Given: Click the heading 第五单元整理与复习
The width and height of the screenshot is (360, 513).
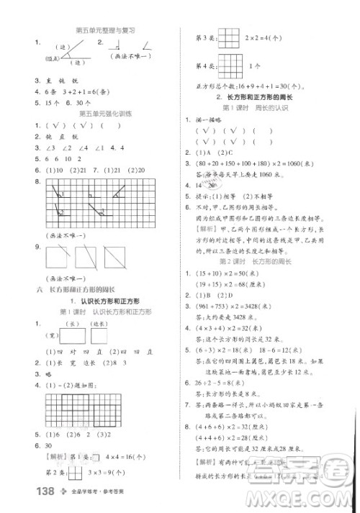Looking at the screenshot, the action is [x=107, y=30].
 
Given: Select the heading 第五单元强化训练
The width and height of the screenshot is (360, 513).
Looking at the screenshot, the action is [x=107, y=114].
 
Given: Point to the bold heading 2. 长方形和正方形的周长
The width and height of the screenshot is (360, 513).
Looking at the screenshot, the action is [x=258, y=96].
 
